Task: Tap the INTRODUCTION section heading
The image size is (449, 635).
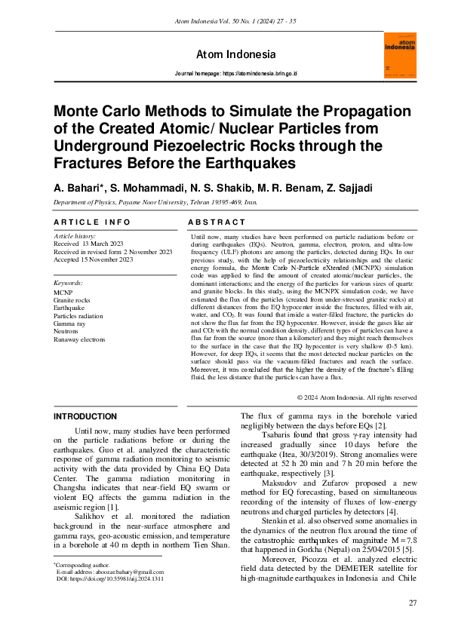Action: click(85, 416)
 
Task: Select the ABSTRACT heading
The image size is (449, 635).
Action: click(217, 222)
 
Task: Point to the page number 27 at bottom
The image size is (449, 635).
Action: click(412, 603)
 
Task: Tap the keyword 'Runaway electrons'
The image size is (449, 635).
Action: click(79, 339)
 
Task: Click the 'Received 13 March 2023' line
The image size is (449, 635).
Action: click(88, 244)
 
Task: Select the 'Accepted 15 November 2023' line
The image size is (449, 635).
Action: click(93, 259)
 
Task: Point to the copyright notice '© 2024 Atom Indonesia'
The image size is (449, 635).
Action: click(356, 397)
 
